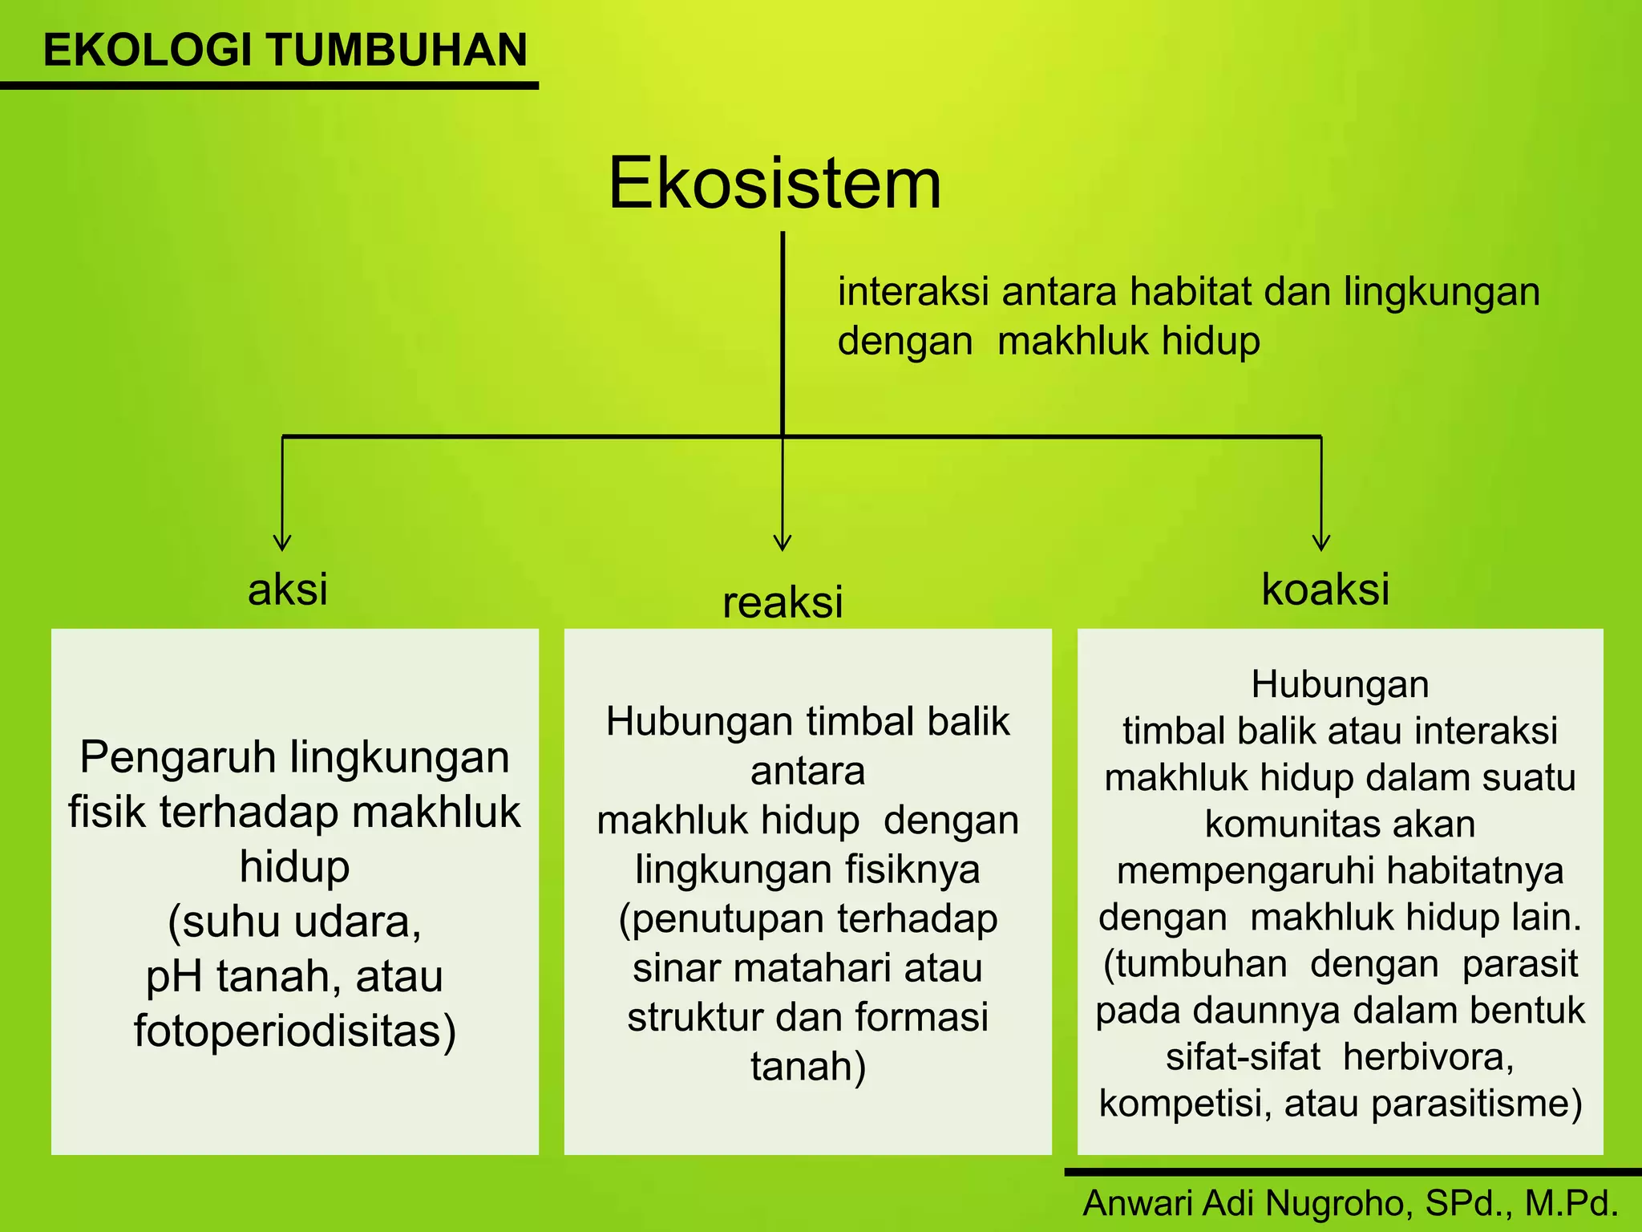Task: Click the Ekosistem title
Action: point(774,184)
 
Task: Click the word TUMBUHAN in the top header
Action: point(397,50)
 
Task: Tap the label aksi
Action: point(288,590)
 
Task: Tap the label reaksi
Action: point(783,602)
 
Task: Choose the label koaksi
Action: point(1325,590)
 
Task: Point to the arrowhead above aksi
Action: point(282,543)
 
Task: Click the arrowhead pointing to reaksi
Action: point(783,543)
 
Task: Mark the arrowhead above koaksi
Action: point(1321,543)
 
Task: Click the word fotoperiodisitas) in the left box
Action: point(295,1031)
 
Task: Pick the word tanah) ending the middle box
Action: point(808,1068)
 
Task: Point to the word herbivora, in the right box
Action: point(1428,1057)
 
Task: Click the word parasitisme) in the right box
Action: point(1476,1104)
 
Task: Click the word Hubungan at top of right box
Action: point(1340,685)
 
